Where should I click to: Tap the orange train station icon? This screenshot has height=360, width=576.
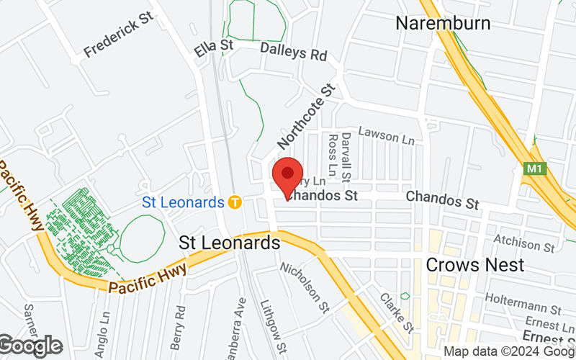click(234, 202)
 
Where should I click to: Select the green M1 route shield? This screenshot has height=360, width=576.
click(534, 169)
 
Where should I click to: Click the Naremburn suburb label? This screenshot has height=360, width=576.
click(444, 23)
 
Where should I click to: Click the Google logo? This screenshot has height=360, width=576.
click(30, 346)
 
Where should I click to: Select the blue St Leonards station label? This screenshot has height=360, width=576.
click(183, 202)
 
